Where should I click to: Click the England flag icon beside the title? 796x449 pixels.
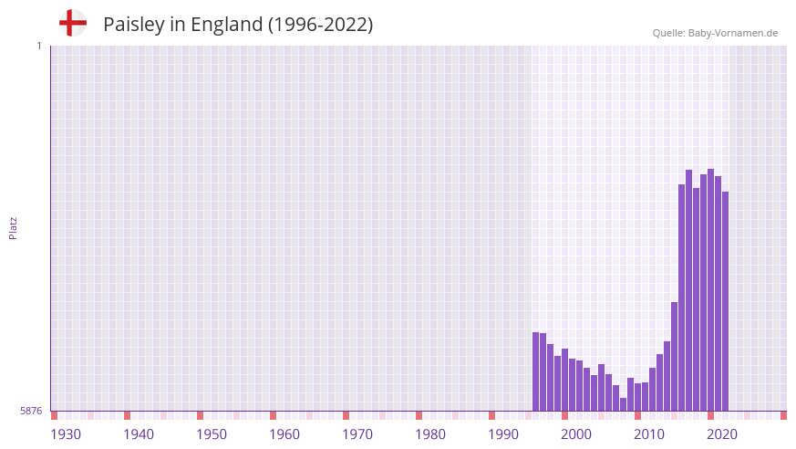72,23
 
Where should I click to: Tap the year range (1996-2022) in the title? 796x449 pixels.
319,25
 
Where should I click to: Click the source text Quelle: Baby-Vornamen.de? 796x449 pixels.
715,33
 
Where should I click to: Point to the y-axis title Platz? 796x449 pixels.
13,227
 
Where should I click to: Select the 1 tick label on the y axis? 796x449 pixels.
38,46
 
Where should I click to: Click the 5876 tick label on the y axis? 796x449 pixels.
31,412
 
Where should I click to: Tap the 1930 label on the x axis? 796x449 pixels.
66,434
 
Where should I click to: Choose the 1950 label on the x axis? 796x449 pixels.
212,434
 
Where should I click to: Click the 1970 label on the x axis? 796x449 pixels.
357,434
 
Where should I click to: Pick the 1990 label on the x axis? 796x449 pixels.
503,434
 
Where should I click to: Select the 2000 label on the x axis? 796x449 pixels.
576,434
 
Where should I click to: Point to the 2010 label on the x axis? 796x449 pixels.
649,434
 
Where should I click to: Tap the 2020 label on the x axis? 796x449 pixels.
722,434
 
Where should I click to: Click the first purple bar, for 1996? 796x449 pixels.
536,371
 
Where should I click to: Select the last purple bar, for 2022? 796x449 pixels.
726,301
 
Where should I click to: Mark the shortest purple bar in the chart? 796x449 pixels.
624,404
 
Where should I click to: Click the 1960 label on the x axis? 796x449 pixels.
284,434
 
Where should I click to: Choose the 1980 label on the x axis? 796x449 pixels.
430,434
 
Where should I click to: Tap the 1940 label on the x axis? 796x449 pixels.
139,434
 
